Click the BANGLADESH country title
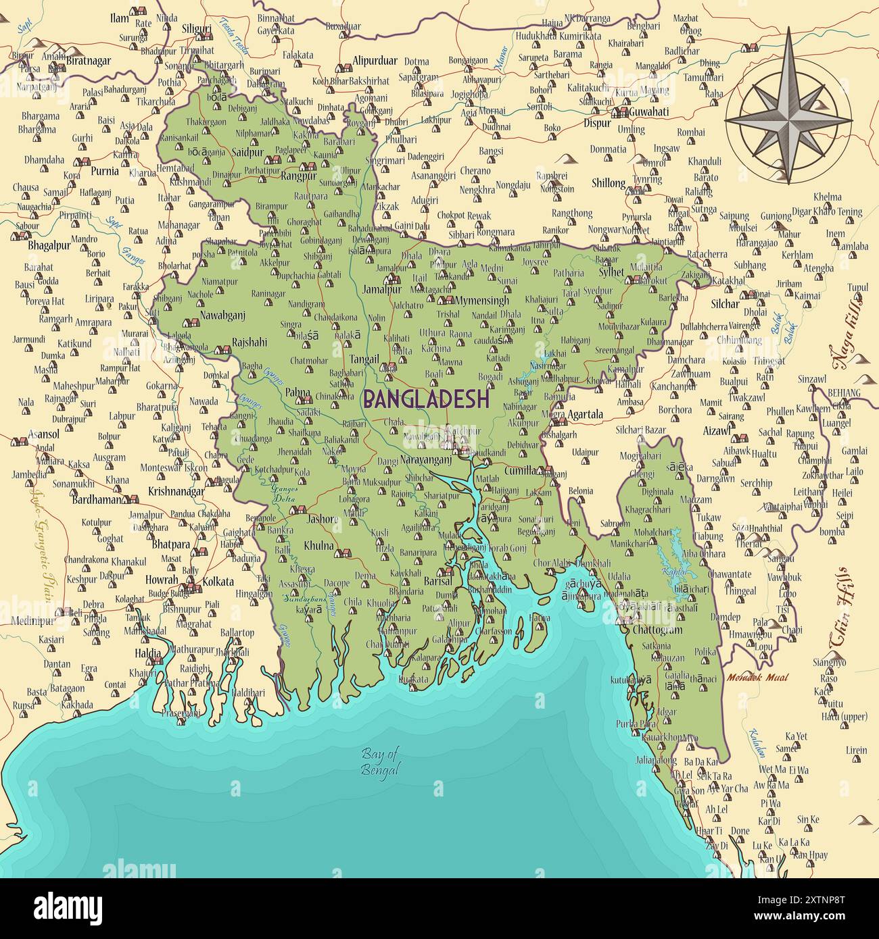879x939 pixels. [426, 399]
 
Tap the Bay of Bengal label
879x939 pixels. [380, 762]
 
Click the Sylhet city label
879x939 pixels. [611, 272]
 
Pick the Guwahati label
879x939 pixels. [648, 111]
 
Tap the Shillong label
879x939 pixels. [609, 183]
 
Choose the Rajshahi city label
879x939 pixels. [249, 342]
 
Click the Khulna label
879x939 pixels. [318, 545]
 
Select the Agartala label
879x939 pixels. [586, 415]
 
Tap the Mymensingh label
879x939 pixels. [482, 300]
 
